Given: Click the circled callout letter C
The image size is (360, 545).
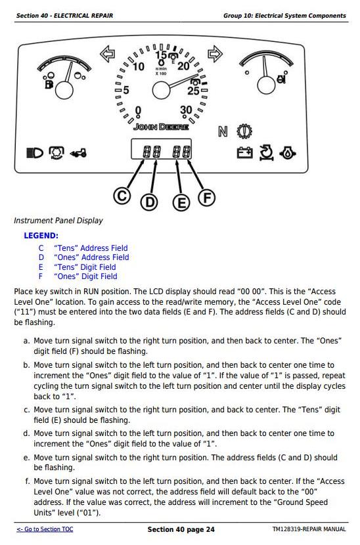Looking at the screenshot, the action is point(122,196).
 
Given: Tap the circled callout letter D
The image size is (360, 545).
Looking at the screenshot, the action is point(149,202).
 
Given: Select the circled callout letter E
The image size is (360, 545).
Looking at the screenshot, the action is point(181,202).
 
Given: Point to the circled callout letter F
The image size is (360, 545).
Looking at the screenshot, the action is point(207,198).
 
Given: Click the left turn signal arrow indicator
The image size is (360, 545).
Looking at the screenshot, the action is point(108,54).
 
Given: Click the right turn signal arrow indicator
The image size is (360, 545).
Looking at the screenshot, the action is point(215,54).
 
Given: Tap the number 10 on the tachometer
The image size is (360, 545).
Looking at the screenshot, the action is point(138,66).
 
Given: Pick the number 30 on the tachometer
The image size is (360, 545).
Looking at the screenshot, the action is point(186,110).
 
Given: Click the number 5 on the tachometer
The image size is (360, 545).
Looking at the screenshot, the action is point(126,90).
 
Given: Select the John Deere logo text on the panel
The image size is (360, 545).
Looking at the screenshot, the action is point(161,127).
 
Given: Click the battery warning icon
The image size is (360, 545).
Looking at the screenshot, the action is point(244,153).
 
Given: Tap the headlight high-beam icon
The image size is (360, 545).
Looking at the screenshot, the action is point(35,153).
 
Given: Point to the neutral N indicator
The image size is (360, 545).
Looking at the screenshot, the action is point(223,132).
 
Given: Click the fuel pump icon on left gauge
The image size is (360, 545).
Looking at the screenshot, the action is point(49,84).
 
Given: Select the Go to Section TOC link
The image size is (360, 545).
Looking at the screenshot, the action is point(45,529).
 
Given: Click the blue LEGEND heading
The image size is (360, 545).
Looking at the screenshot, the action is point(41,236).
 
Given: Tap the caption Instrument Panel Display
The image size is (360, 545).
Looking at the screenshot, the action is point(58,221).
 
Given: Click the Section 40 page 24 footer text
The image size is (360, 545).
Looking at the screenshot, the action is point(181,529).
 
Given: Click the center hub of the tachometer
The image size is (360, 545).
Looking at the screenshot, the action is point(161,91).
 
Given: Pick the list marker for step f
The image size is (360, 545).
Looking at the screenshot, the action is point(27,481).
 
